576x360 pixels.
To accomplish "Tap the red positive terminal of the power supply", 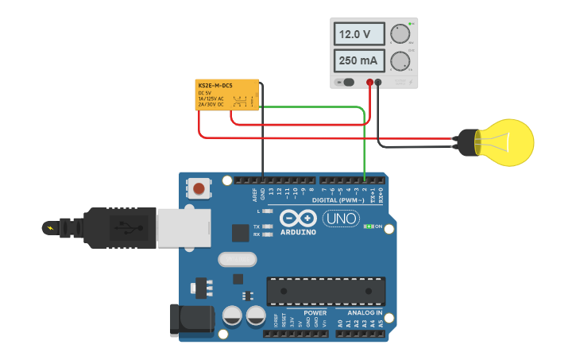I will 369,82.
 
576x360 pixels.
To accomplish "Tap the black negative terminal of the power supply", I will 378,82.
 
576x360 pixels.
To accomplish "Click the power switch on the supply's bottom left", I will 346,82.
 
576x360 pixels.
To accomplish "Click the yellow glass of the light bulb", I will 507,143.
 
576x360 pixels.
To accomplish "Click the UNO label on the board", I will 341,218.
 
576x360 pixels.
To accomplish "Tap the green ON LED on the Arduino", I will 369,226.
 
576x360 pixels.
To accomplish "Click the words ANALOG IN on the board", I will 364,313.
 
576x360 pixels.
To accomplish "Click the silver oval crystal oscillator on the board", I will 237,259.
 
